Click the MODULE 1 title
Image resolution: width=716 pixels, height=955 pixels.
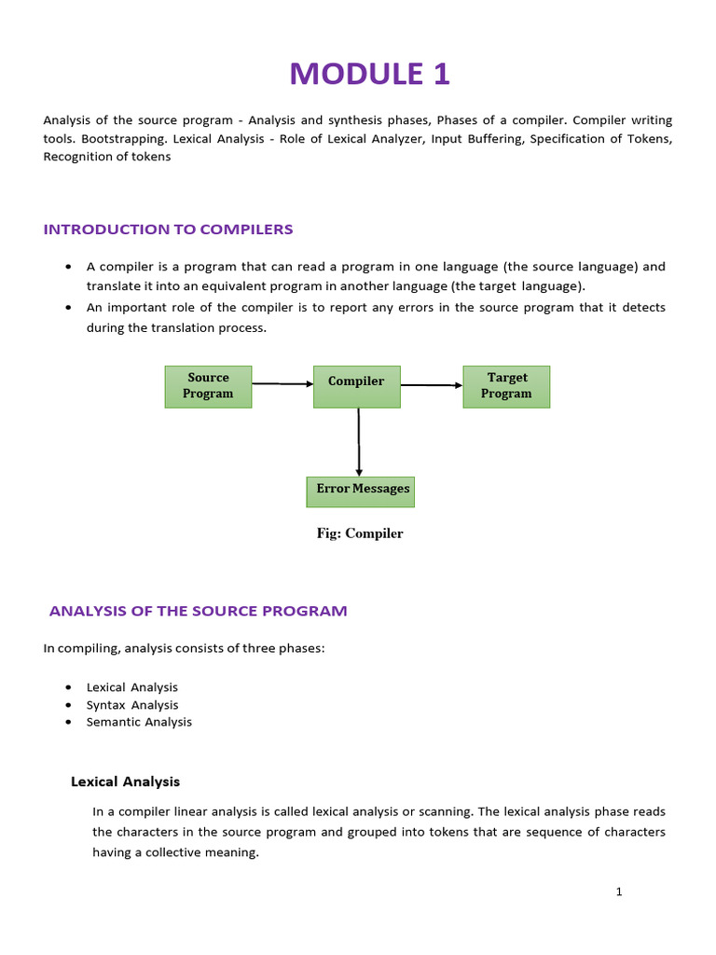(369, 73)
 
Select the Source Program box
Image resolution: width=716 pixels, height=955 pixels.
(208, 386)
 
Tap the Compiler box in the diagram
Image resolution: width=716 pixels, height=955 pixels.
(356, 386)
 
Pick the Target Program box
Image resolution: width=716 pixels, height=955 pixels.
(506, 386)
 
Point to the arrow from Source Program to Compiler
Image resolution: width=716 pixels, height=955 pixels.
(282, 383)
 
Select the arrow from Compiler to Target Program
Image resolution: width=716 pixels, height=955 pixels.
(432, 384)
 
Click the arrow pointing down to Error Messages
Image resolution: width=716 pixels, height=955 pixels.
(359, 443)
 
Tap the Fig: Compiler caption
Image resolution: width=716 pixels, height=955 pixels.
(359, 534)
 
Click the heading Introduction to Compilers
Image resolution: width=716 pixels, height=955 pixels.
(169, 229)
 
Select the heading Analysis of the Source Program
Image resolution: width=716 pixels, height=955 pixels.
(198, 611)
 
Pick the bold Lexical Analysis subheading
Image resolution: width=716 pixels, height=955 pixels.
(126, 782)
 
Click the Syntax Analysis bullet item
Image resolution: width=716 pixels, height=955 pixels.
(131, 705)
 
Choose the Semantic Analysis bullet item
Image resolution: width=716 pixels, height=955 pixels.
(139, 722)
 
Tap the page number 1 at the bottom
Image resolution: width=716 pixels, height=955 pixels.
(618, 892)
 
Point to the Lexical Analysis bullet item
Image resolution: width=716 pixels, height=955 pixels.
(131, 687)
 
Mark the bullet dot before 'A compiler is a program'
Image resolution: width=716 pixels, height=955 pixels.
(69, 267)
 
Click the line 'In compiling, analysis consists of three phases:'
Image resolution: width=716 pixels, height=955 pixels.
(184, 648)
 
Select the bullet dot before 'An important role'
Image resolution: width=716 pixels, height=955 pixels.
(69, 307)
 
